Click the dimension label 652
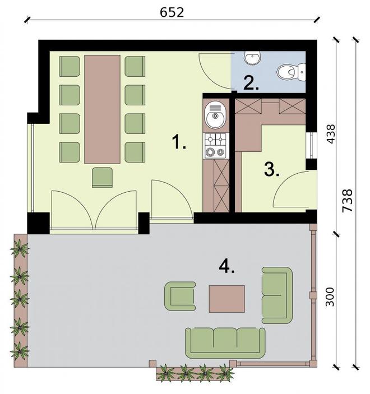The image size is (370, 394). [x=172, y=12]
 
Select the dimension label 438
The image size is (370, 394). [x=331, y=134]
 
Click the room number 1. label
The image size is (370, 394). [x=179, y=143]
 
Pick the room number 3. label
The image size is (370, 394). [x=271, y=169]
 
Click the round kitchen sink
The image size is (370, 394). [x=215, y=118]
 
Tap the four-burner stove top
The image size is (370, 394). [x=215, y=145]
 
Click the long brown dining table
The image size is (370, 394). [x=102, y=109]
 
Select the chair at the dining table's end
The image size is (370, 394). [x=102, y=177]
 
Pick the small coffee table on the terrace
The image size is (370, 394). [x=227, y=298]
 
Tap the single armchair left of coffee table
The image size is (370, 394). [x=180, y=296]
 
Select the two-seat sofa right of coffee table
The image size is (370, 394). [x=277, y=295]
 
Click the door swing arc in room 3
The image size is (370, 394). [x=292, y=191]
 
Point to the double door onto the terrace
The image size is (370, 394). [x=94, y=210]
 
